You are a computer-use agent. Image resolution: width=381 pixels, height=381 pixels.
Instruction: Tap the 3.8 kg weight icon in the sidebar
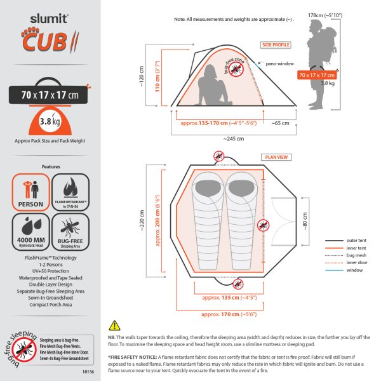click(43, 123)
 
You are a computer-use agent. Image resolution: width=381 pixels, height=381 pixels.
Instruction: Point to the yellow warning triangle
click(115, 324)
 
